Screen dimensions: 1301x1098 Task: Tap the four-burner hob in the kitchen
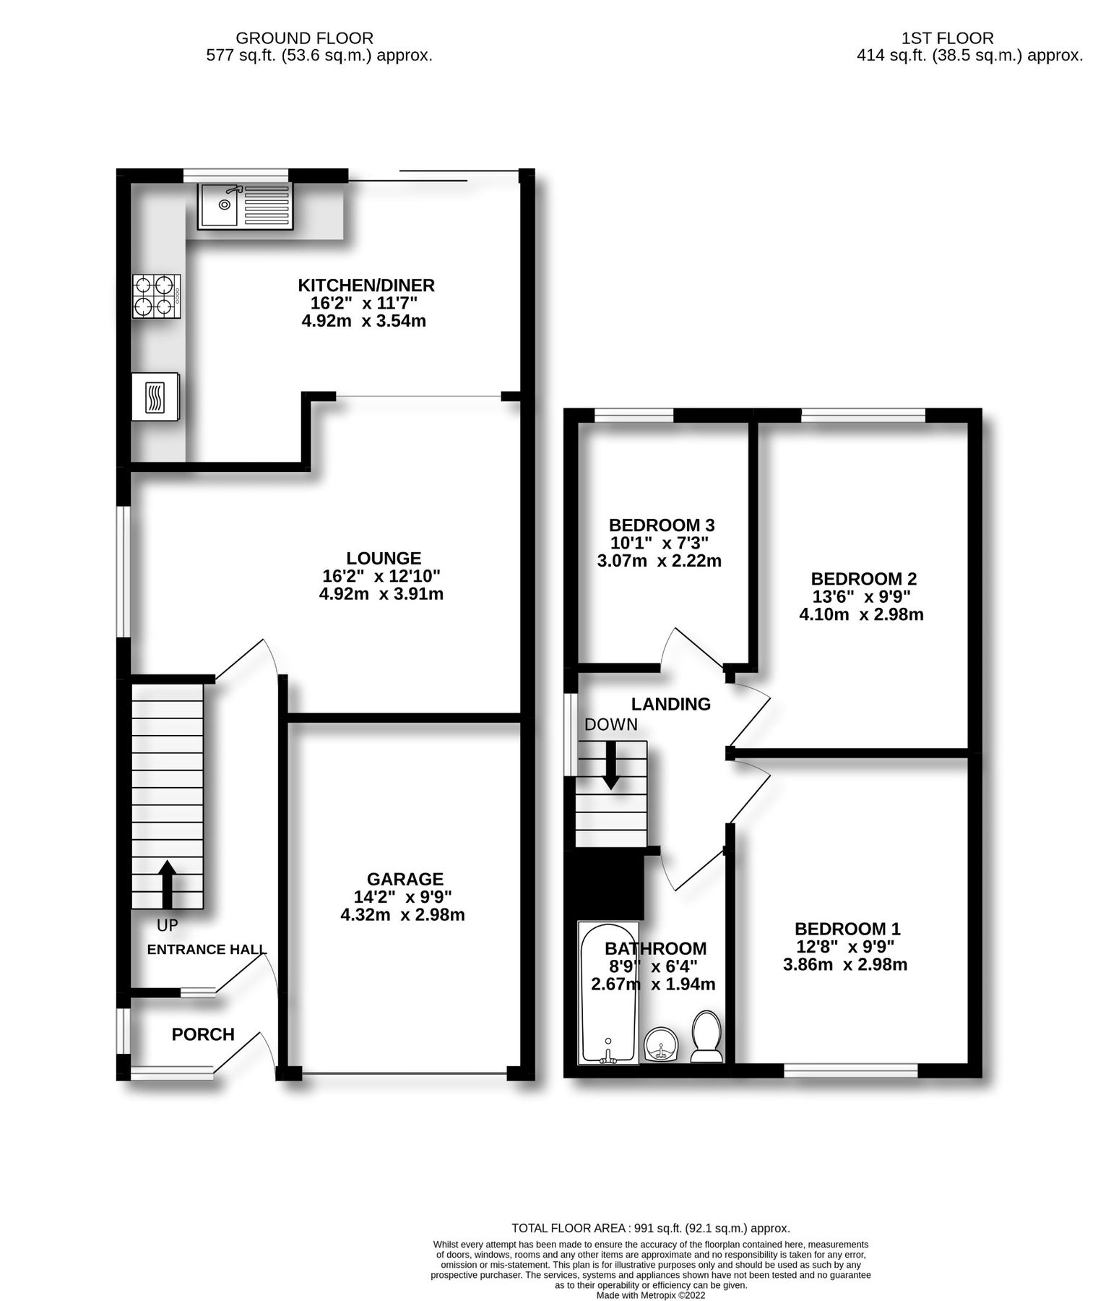156,296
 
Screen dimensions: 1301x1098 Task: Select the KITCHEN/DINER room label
367,285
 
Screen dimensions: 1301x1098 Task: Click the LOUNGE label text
384,558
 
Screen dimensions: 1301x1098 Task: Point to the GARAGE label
405,879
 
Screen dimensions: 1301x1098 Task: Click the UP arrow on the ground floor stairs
167,883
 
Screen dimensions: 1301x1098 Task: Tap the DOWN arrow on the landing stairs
611,765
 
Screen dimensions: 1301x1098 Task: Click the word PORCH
203,1034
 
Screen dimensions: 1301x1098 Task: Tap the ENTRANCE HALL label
207,950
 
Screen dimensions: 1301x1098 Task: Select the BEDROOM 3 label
662,525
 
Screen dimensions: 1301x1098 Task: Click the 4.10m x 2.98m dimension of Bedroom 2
861,615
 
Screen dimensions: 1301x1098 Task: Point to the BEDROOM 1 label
847,929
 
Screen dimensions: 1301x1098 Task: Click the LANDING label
671,704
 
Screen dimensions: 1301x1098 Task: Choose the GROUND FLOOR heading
305,38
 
